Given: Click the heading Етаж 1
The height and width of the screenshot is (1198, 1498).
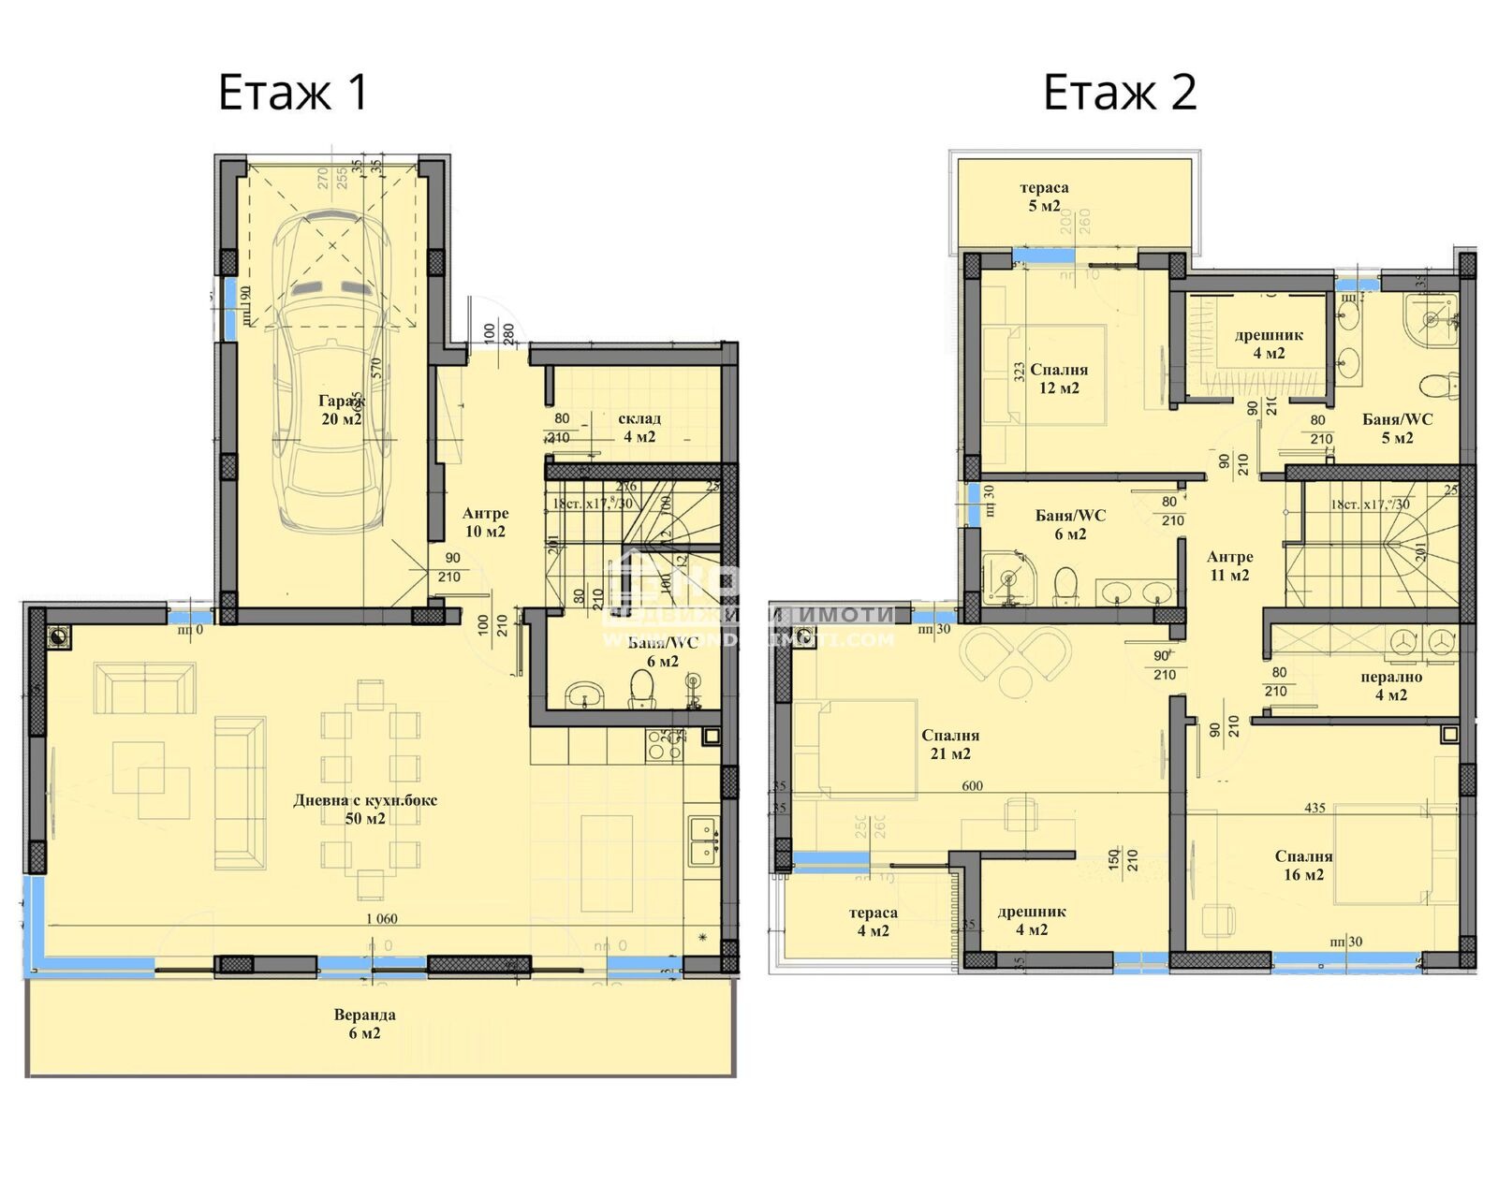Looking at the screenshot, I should tap(293, 93).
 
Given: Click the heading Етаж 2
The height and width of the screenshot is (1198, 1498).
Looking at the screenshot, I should tap(1120, 93).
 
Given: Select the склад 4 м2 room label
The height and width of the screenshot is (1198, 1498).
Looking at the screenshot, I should tap(639, 428).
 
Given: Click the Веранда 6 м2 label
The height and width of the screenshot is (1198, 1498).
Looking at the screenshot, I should tap(364, 1024).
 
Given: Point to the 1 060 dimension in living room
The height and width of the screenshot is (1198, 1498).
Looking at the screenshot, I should tap(381, 919).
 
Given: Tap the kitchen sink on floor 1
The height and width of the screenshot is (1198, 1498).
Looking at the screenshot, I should tap(702, 840).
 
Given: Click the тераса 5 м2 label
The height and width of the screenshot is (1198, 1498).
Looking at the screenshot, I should tap(1044, 197).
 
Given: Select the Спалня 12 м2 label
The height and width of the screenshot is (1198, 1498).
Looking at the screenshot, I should tap(1059, 379).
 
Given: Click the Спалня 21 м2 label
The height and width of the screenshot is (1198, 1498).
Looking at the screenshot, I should tap(949, 745).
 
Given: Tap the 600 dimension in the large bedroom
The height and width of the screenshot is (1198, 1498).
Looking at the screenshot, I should tap(972, 786).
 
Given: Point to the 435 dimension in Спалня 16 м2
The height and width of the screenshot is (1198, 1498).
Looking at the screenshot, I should tap(1314, 808).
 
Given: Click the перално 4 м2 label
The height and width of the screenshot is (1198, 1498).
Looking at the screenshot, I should tap(1391, 686).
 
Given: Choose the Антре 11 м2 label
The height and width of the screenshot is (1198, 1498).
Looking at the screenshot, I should tap(1229, 566).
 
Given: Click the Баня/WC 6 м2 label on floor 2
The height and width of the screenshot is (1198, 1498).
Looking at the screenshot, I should tap(1070, 525).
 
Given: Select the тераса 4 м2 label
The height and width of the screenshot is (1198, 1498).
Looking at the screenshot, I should tap(873, 922).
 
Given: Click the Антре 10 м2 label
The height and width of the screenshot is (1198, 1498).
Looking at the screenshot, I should tap(485, 522).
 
